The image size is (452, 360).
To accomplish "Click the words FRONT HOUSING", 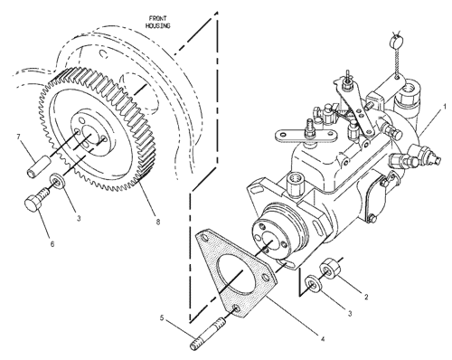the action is tap(158, 23).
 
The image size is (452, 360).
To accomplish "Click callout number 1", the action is tap(444, 107).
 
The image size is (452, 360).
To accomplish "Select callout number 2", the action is tap(366, 297).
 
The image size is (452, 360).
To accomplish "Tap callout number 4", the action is tap(323, 339).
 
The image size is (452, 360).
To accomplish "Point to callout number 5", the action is tap(162, 317).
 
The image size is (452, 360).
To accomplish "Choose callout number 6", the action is tap(52, 244).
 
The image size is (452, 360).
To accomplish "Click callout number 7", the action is tap(19, 137).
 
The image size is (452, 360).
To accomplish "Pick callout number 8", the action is tap(158, 222).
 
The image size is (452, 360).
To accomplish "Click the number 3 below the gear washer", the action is tap(79, 218).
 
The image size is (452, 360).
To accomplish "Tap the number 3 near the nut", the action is tap(350, 314).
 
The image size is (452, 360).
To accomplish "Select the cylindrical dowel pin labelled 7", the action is tap(38, 166).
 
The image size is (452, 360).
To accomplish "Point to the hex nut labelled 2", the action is tap(330, 268).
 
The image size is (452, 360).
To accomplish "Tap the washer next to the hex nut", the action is tap(313, 284).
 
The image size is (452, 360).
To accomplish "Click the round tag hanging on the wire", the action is tap(395, 39).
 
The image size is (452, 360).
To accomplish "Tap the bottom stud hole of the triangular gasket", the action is tap(237, 308).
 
